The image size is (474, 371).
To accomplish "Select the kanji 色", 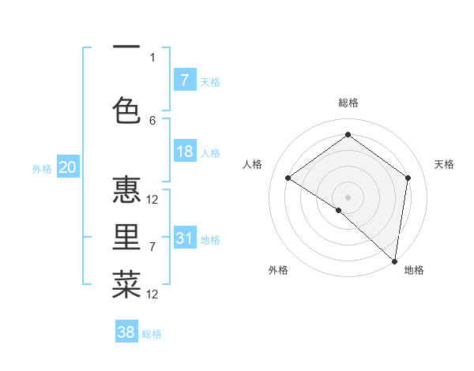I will point(126,110).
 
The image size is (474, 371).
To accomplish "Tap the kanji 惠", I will point(126,192).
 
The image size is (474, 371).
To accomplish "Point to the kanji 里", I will point(126,238).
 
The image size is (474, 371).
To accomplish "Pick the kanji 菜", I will point(126,284).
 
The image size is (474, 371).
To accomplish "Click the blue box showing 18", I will point(185,152).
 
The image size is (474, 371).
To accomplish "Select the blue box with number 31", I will point(185,238).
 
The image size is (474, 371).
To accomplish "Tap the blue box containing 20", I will point(68,167).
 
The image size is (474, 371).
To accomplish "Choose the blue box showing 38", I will point(126,332).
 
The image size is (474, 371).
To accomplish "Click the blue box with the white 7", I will point(185,81).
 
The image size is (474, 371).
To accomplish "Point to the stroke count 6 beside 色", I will point(152,121).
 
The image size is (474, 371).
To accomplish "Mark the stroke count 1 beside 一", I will point(152,58).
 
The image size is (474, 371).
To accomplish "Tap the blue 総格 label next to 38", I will point(152,334).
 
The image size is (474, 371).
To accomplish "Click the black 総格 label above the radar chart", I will point(348,103).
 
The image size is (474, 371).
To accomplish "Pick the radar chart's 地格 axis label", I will point(414,271).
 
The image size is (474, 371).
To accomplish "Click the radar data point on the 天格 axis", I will point(408,178).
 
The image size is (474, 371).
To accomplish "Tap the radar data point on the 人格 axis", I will point(288,178).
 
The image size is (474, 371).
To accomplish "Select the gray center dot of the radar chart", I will point(348,197).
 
